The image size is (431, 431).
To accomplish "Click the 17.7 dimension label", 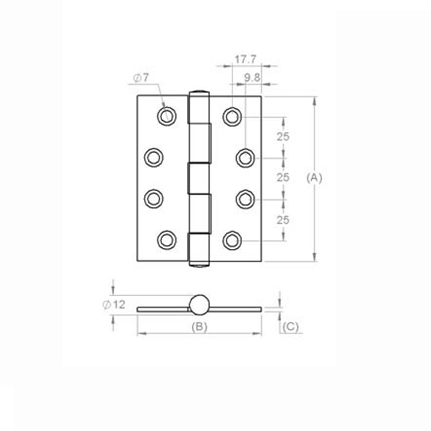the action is [246, 59].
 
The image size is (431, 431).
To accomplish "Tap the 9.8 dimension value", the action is [252, 78].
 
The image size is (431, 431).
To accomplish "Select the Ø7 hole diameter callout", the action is [141, 78].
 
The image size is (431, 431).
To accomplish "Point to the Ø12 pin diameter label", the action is [114, 304].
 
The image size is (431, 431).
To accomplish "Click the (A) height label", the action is [314, 178].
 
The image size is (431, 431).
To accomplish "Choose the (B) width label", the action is [199, 326].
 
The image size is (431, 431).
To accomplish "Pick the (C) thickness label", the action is [290, 326].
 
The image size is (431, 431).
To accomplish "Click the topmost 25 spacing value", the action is [283, 137].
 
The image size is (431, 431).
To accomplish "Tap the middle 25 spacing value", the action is [283, 178].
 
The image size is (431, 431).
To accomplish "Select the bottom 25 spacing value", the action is [283, 220].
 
